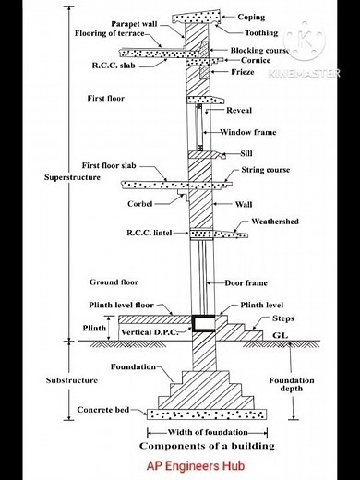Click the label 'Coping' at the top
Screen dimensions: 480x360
(251, 17)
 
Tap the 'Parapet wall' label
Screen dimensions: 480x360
(135, 23)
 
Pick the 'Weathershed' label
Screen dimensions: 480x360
(273, 222)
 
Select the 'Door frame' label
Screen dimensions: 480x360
(247, 282)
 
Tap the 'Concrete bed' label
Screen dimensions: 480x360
(104, 409)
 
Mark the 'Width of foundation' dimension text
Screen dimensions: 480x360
(199, 432)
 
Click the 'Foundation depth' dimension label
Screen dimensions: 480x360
(292, 384)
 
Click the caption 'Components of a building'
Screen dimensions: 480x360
(198, 445)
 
